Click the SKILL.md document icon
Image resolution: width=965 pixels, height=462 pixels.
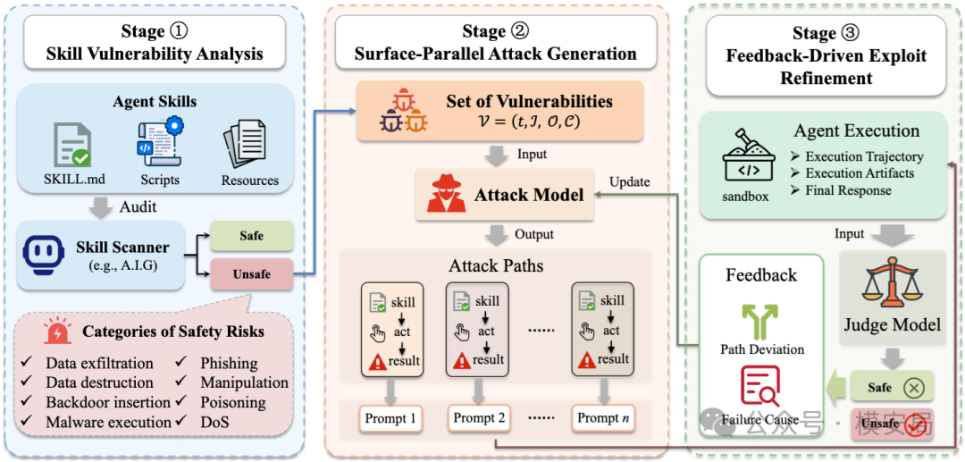coord(71,145)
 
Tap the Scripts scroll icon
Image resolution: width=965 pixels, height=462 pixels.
coord(160,143)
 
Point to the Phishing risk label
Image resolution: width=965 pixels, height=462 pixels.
coord(229,364)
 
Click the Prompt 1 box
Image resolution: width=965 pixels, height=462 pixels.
coord(390,418)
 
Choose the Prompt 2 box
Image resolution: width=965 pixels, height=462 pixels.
coord(479,418)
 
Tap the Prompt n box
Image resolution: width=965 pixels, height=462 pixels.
coord(602,418)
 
